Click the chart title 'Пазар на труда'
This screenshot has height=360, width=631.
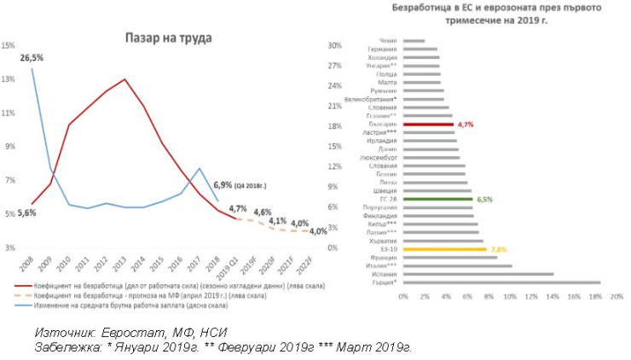[x=168, y=38]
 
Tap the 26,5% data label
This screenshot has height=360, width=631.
[x=32, y=57]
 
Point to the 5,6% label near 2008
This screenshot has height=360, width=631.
[x=26, y=212]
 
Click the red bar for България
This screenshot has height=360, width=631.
[x=427, y=124]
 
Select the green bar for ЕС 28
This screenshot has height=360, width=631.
[x=437, y=199]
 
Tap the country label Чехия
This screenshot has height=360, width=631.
[x=387, y=40]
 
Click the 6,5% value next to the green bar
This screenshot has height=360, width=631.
[x=484, y=199]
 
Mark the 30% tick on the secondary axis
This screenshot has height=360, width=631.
[x=335, y=45]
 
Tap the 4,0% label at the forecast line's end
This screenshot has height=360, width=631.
[x=317, y=230]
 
